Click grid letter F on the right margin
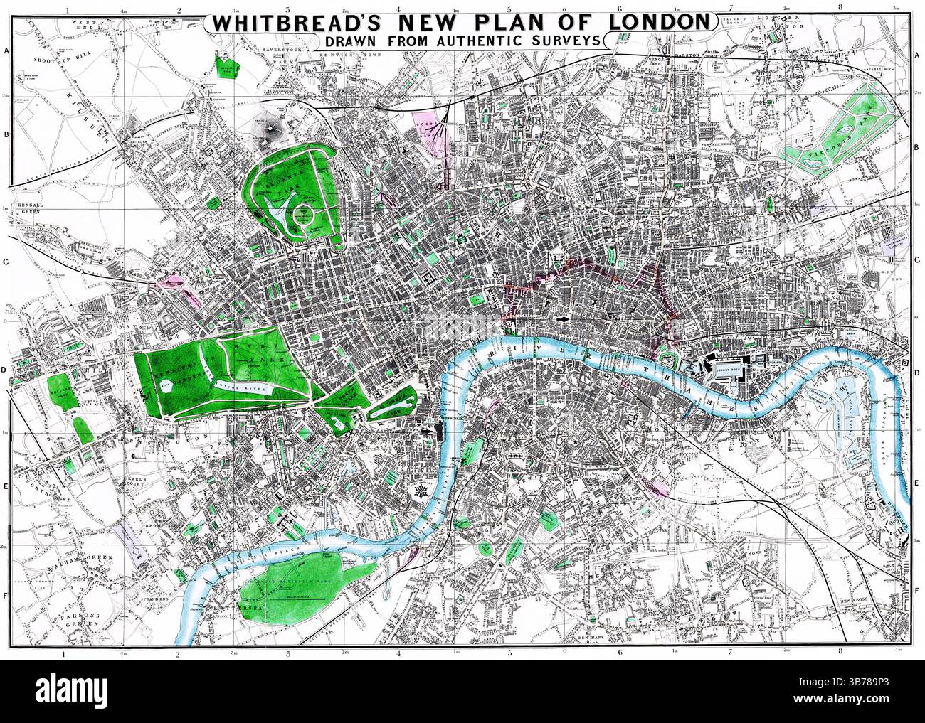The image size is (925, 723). [916, 589]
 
